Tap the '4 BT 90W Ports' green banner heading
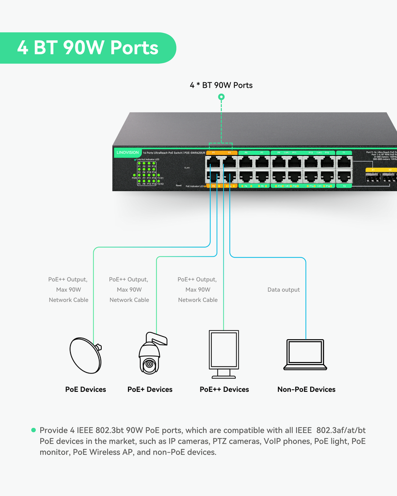coord(87,48)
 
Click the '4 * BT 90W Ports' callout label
coord(221,85)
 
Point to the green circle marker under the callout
coord(221,98)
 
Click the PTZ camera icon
coord(150,354)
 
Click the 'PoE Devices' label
coord(85,389)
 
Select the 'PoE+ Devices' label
coord(150,389)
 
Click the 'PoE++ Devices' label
coord(224,389)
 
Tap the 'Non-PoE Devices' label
coord(306,389)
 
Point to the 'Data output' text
coord(283,290)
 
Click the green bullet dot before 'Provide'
coord(34,430)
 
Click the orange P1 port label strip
coord(214,152)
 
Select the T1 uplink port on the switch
coord(344,162)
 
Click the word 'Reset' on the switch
coord(179,185)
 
